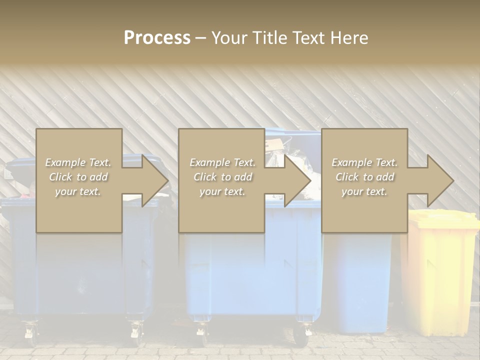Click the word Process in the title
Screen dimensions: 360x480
pyautogui.click(x=157, y=38)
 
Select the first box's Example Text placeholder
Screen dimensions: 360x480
pyautogui.click(x=78, y=162)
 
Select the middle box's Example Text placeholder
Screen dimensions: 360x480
pyautogui.click(x=222, y=162)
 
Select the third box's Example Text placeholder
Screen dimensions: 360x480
pyautogui.click(x=364, y=162)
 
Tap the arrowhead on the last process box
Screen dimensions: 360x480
pyautogui.click(x=439, y=180)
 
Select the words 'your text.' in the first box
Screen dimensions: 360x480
pyautogui.click(x=78, y=191)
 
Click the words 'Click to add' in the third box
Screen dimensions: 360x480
pyautogui.click(x=364, y=177)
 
